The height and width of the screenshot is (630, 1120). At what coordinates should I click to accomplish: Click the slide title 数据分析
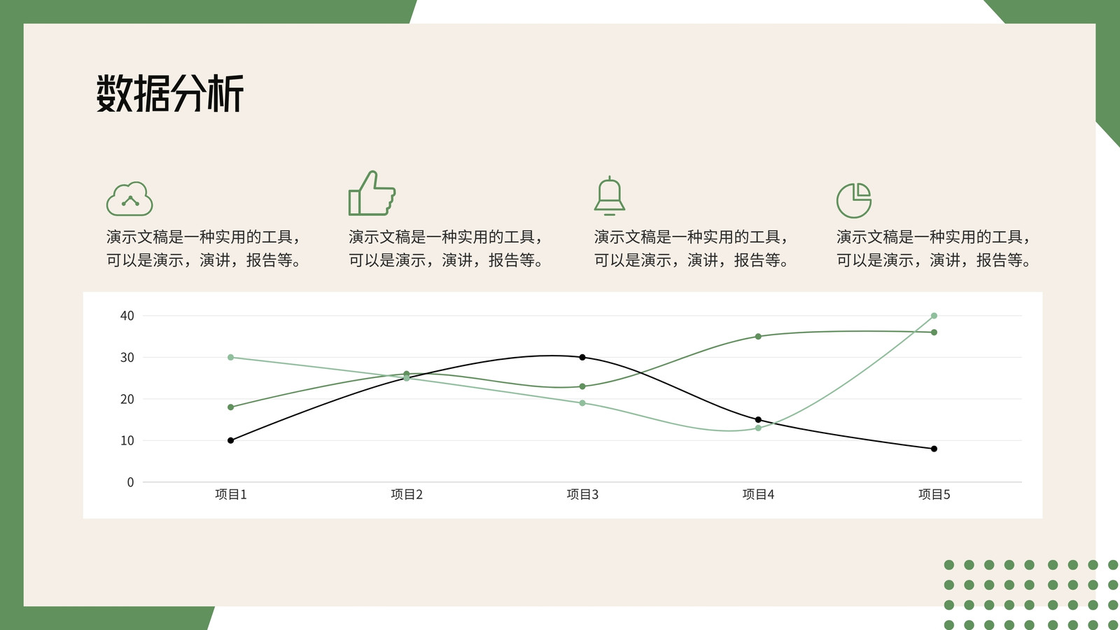(x=169, y=93)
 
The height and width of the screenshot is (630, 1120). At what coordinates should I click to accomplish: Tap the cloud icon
(x=129, y=199)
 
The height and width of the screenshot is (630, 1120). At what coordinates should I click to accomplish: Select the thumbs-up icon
(x=372, y=193)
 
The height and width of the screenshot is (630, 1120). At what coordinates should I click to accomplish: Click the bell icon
(x=610, y=195)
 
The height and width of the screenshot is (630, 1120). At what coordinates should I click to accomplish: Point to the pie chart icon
(x=854, y=200)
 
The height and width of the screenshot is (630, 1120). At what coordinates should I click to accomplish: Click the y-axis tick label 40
(x=127, y=316)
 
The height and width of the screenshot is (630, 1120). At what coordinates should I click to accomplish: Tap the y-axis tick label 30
(x=127, y=358)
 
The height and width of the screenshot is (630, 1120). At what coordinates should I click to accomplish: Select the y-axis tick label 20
(x=127, y=399)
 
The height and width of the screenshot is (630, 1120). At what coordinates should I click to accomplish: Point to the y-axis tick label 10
(x=127, y=440)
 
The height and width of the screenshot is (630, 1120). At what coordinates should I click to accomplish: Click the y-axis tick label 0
(x=130, y=482)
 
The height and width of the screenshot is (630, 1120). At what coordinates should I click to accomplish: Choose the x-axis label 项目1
(x=231, y=494)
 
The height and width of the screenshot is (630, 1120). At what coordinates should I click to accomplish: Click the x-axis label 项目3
(x=582, y=494)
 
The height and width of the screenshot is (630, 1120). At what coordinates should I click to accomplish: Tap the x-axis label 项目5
(x=934, y=494)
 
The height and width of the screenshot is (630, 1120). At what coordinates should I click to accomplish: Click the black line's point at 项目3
(x=582, y=358)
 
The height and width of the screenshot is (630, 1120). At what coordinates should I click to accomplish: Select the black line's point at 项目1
(x=230, y=440)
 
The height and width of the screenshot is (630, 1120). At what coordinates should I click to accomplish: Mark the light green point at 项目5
(x=934, y=316)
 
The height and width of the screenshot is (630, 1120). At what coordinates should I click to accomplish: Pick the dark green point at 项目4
(x=759, y=337)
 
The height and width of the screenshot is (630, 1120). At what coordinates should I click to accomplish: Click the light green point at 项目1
(x=230, y=358)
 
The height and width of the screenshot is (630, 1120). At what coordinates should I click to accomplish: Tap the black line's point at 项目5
(x=934, y=449)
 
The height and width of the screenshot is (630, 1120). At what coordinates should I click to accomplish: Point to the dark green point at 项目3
(x=582, y=386)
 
